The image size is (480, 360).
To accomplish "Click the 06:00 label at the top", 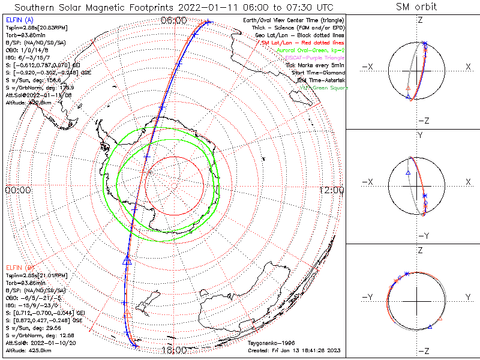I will click(x=174, y=20).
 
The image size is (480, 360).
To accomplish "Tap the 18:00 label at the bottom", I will click(x=174, y=350).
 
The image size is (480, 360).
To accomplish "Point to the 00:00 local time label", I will click(x=17, y=190).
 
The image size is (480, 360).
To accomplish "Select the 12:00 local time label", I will click(x=332, y=190).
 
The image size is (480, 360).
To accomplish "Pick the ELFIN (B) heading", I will click(x=19, y=266).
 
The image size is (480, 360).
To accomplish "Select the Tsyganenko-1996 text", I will click(x=269, y=344).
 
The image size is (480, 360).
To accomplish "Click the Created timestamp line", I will click(x=294, y=350).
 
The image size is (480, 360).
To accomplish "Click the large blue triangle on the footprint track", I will click(x=127, y=260).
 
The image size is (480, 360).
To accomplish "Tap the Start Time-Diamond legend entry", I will click(x=319, y=73).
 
